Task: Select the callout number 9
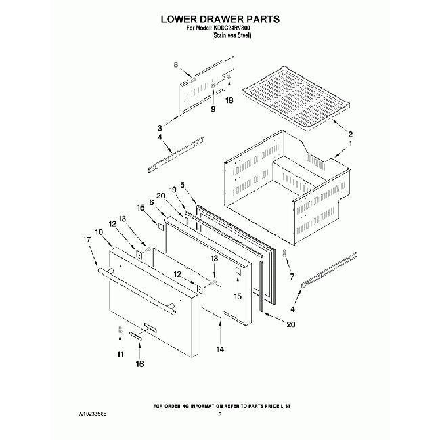(213, 108)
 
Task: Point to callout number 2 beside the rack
(351, 133)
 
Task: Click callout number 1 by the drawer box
(351, 145)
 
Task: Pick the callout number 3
(160, 127)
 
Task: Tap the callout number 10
(100, 232)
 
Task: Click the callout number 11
(120, 354)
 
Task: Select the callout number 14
(219, 349)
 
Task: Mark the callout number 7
(292, 276)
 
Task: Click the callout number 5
(182, 183)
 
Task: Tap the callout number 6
(152, 202)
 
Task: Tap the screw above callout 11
(120, 329)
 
